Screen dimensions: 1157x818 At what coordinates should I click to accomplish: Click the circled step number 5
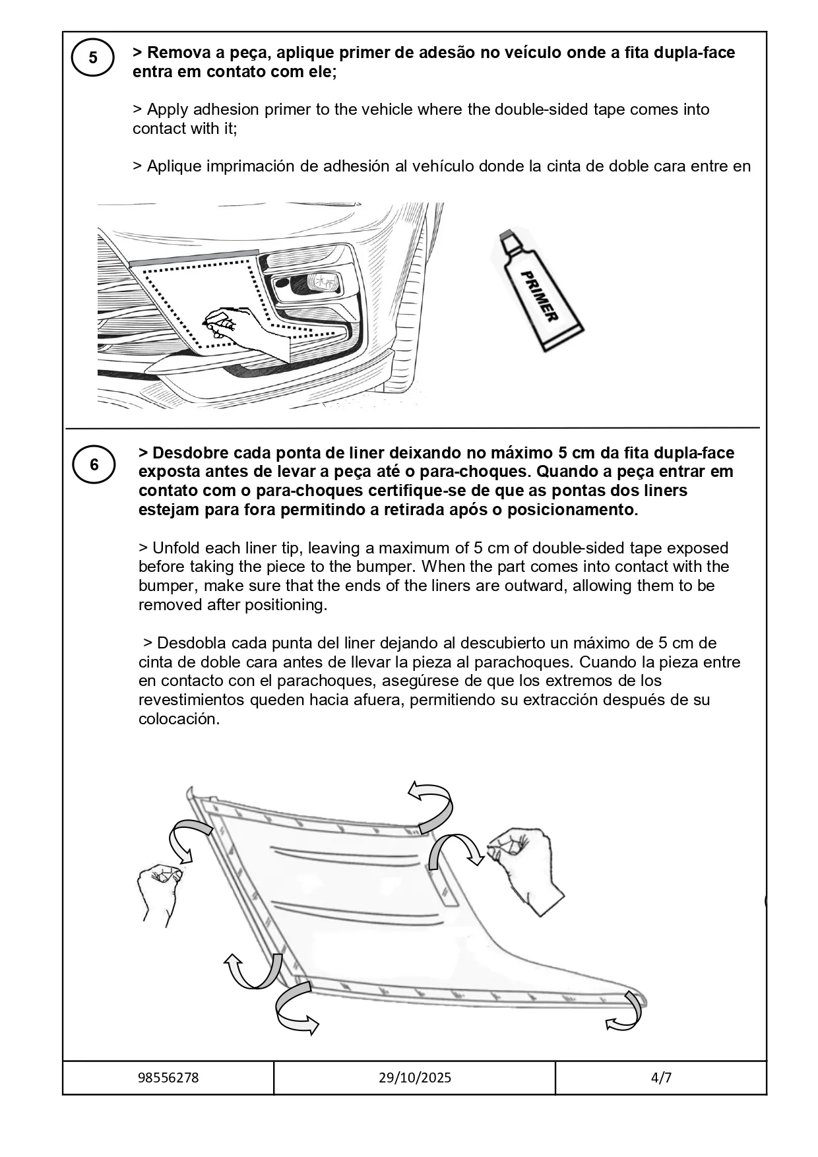coord(93,58)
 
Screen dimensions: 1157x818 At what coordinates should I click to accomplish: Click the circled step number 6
coord(94,465)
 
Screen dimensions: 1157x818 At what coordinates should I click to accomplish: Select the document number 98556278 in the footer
coord(168,1077)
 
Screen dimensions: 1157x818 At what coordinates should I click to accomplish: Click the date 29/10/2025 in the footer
coord(415,1077)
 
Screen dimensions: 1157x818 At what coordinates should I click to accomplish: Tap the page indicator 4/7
coord(660,1077)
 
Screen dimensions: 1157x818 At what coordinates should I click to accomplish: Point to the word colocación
coord(178,719)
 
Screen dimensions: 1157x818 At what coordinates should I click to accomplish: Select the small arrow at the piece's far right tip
coord(627,1013)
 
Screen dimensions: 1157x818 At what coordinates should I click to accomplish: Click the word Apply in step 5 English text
coord(168,109)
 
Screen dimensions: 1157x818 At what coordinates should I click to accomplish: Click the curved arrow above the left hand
coord(183,840)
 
